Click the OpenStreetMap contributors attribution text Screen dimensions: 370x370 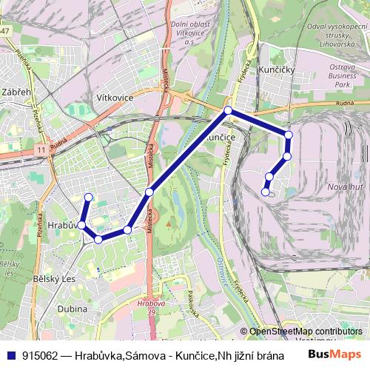pyautogui.click(x=306, y=332)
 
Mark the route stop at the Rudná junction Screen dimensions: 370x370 pyautogui.click(x=228, y=111)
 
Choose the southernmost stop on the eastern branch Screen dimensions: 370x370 pyautogui.click(x=265, y=192)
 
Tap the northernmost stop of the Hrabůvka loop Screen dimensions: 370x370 pyautogui.click(x=88, y=197)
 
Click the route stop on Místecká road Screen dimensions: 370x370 pyautogui.click(x=149, y=192)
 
